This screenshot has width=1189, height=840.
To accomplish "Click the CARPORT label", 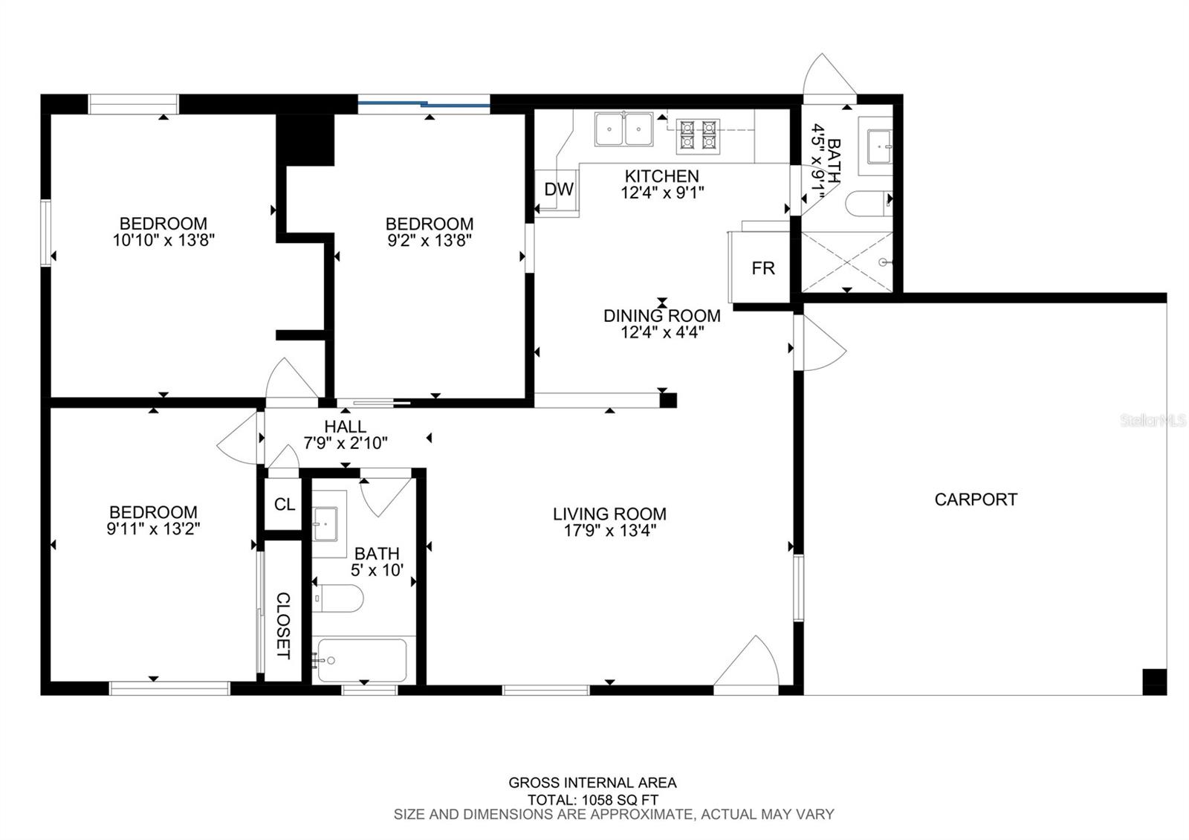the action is [976, 499].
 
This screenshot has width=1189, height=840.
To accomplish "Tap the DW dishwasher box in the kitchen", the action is [557, 190].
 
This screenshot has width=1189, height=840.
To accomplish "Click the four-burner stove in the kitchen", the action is [698, 137].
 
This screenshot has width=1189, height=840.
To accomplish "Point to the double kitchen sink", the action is [623, 129].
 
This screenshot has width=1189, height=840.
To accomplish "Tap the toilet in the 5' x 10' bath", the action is [337, 598].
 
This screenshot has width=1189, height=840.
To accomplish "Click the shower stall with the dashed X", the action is [847, 262].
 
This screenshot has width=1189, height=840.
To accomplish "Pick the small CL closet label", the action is [285, 504].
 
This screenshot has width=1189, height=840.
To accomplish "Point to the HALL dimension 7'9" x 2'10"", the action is [346, 443].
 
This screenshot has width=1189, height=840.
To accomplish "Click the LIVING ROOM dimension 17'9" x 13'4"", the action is [610, 531].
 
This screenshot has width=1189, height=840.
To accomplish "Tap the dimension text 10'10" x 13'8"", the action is [163, 240].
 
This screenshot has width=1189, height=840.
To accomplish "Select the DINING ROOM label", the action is [662, 315].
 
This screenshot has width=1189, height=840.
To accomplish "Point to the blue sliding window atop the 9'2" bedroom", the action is [424, 104].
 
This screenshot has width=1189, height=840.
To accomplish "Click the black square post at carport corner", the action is [1155, 682].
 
